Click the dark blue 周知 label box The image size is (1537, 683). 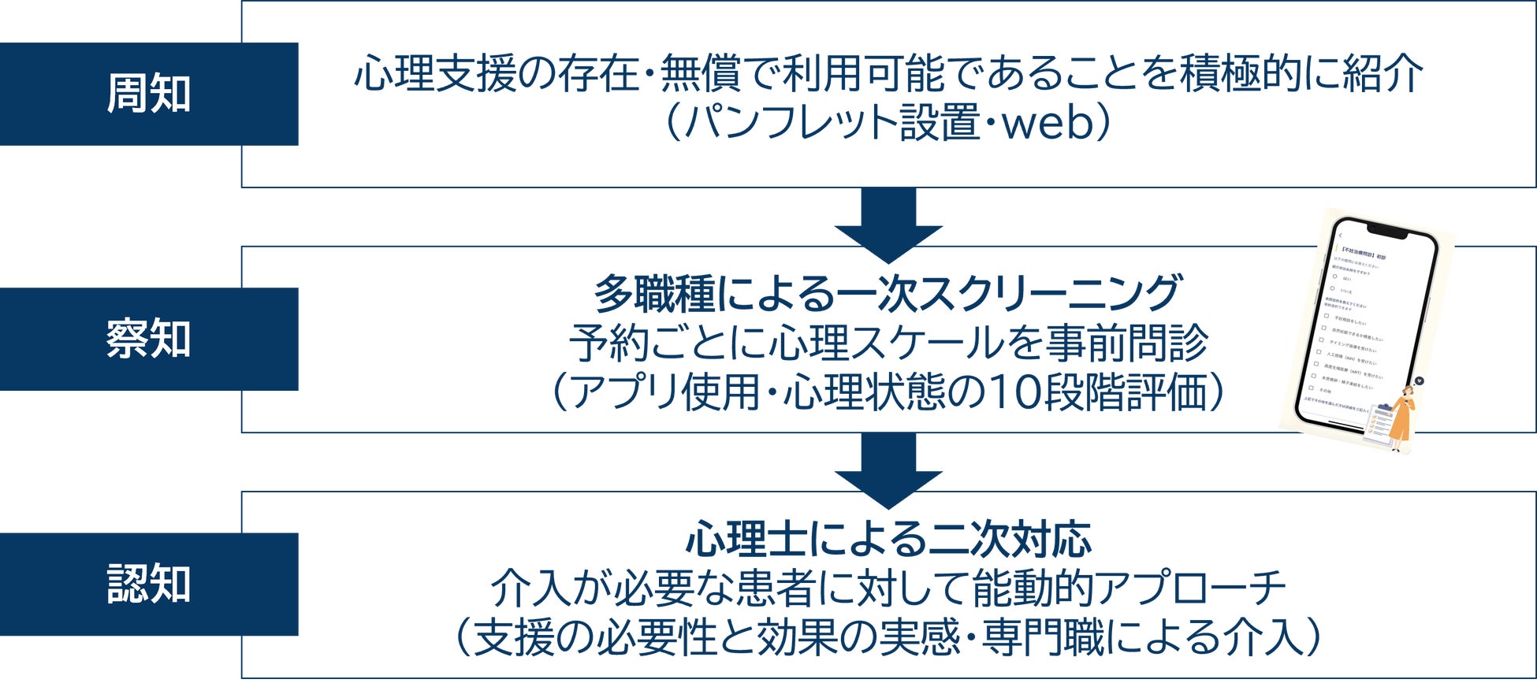pos(149,94)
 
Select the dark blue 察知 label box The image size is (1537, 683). pos(149,339)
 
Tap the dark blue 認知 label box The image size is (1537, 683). pos(149,584)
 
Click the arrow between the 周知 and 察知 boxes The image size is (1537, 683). pos(888,225)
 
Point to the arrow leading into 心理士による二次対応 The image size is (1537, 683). pos(888,470)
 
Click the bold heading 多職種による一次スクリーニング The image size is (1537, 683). pos(888,294)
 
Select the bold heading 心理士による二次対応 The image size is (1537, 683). pos(888,540)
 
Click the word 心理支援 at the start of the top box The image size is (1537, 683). pos(435,75)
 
